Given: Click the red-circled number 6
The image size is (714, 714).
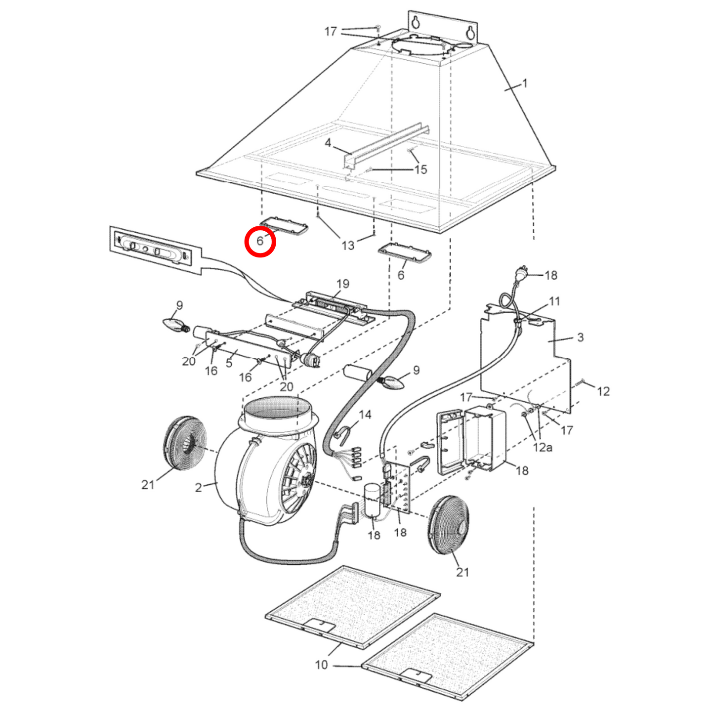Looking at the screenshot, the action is [260, 241].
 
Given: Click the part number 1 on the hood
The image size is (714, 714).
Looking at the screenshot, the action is [524, 84].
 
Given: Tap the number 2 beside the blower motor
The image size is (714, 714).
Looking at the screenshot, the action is [199, 488].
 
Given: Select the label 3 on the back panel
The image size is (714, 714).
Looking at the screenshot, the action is [580, 337].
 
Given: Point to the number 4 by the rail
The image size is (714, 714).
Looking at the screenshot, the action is [328, 143].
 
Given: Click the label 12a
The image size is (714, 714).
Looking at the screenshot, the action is [543, 448].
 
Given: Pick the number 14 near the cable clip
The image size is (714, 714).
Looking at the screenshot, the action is [365, 415].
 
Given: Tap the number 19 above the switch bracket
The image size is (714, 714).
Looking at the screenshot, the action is [343, 284].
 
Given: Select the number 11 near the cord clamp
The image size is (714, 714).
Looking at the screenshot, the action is [554, 301].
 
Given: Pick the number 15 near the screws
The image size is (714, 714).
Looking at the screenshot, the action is [420, 169].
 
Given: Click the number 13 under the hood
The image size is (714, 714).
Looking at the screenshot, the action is [347, 245].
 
